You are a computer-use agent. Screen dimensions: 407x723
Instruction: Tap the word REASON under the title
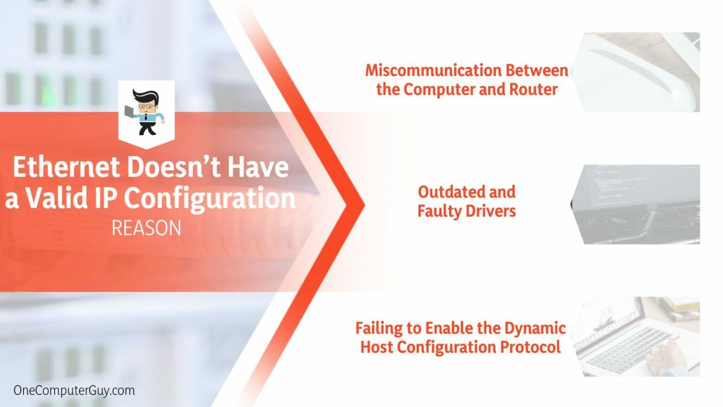[x=146, y=228]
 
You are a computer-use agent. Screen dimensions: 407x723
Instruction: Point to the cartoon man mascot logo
[x=146, y=113]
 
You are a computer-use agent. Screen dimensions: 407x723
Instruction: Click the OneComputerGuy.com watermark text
[x=74, y=391]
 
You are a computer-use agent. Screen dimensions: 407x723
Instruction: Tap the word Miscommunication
[x=426, y=71]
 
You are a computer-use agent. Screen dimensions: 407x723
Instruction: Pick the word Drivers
[x=490, y=211]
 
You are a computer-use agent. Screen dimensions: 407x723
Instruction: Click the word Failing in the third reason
[x=378, y=328]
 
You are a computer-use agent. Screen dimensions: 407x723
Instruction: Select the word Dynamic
[x=535, y=328]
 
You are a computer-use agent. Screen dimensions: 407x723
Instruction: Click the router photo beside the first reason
[x=640, y=72]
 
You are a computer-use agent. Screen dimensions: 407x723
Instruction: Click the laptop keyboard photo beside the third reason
[x=640, y=336]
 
